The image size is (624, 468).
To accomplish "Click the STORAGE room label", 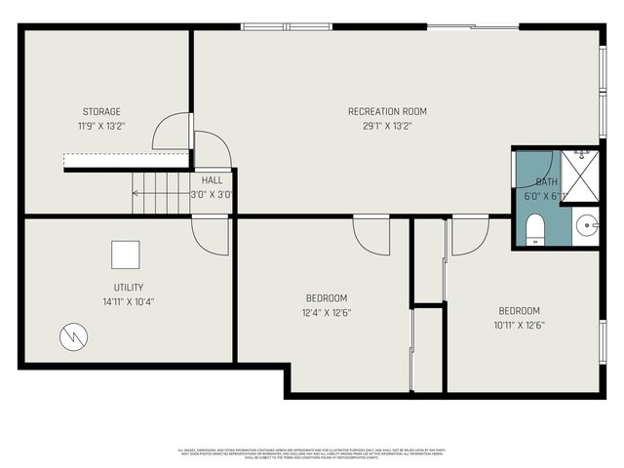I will [x=101, y=112].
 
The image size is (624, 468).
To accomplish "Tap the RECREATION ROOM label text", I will [x=387, y=111].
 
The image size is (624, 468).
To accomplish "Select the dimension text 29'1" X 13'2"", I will [x=387, y=126].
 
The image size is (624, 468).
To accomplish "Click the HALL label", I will [x=212, y=180].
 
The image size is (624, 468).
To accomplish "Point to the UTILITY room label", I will [x=129, y=288].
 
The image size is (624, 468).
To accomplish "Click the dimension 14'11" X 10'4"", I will [x=129, y=301].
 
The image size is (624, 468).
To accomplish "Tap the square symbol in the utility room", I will [x=125, y=254].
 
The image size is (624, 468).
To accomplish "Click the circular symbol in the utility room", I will [x=73, y=336].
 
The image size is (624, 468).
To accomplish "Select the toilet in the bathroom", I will [x=534, y=228].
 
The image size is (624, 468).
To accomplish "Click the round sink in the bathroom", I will [x=586, y=227].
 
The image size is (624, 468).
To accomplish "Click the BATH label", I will [x=546, y=181].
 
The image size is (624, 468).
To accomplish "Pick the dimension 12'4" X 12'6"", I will [x=327, y=312].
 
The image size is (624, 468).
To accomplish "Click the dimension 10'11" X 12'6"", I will [x=519, y=325].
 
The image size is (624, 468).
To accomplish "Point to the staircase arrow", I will [x=161, y=193].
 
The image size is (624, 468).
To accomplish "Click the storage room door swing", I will [x=175, y=132].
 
